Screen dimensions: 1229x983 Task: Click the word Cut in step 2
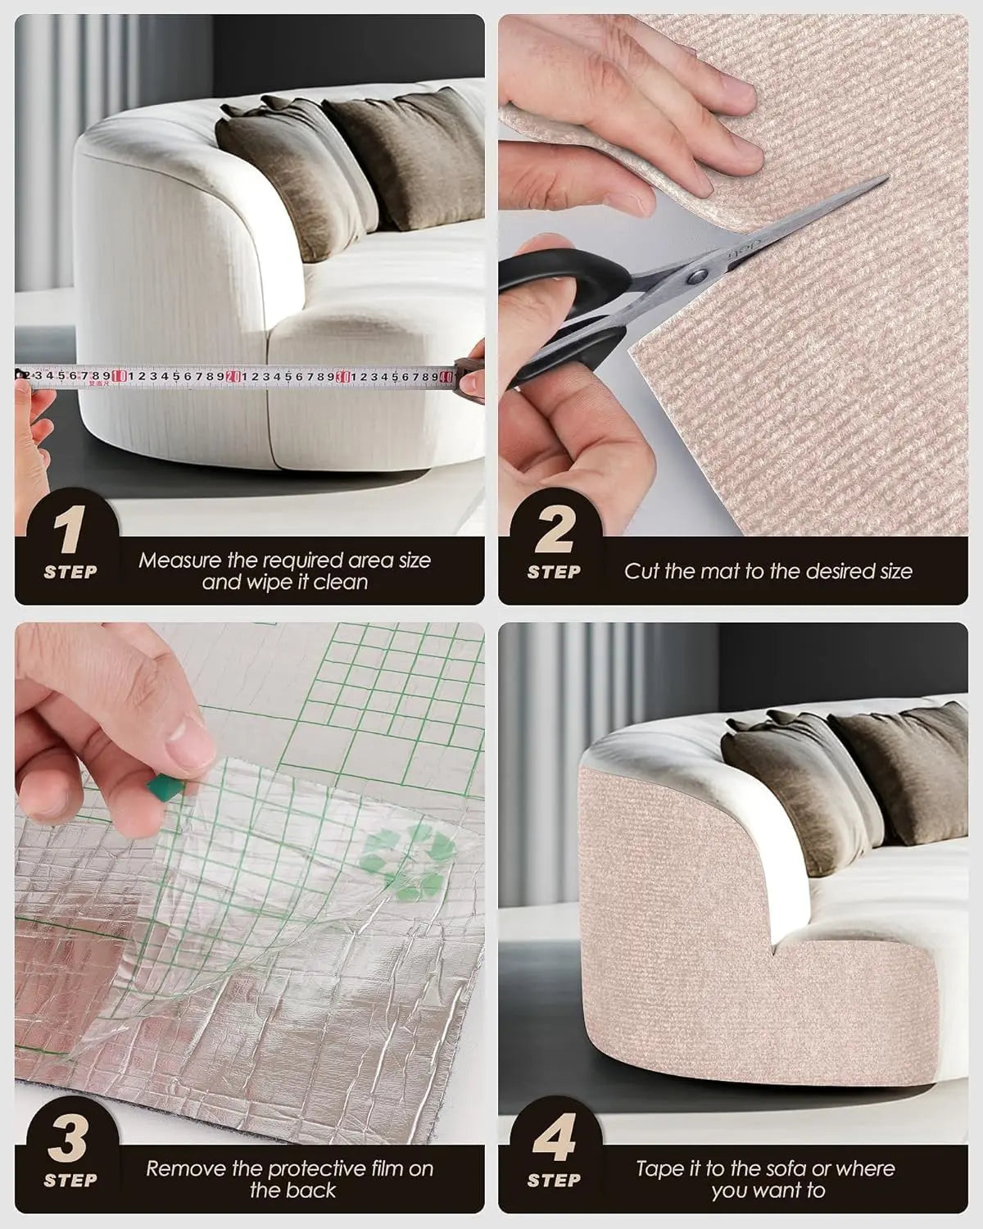641,572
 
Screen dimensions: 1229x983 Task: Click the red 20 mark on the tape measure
233,376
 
